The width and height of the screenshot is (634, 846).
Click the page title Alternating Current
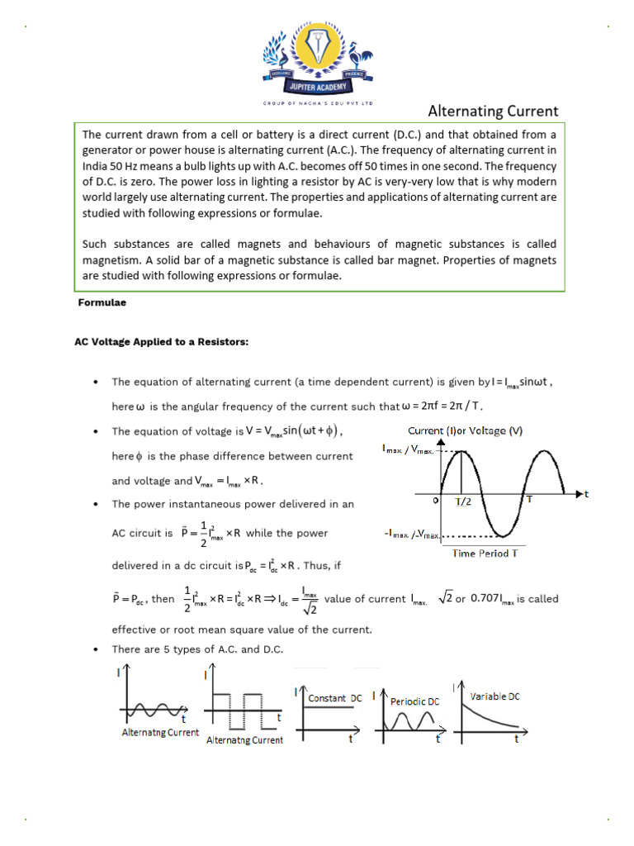[492, 111]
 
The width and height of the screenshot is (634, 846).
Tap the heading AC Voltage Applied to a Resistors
[161, 342]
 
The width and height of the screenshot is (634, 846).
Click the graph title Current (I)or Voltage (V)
[465, 430]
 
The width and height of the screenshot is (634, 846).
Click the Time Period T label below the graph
[485, 553]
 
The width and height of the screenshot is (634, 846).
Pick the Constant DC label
[334, 698]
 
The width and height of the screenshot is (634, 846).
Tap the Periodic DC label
[414, 701]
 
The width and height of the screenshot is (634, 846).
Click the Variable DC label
[495, 696]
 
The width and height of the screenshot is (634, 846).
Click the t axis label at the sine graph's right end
[586, 494]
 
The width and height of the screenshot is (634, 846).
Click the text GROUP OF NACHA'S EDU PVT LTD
[318, 103]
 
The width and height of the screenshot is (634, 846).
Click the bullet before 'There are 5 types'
[97, 649]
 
